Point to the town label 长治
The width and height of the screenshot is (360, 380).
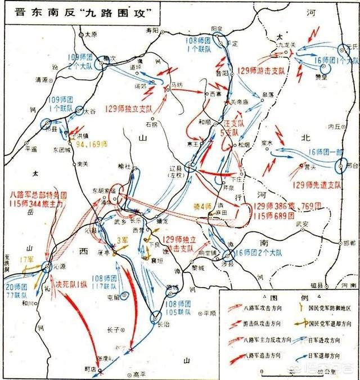point(162,324)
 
